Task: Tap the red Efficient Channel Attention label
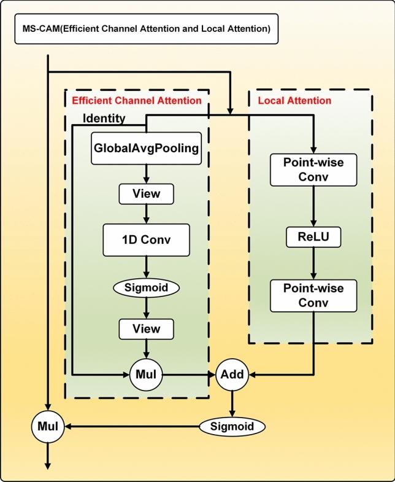coord(136,100)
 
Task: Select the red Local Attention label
coord(294,100)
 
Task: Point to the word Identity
coord(104,119)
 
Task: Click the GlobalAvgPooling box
coord(146,148)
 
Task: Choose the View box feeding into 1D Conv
coord(146,194)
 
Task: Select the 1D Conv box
coord(146,240)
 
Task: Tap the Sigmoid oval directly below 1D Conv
coord(146,287)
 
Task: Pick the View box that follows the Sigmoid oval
coord(146,329)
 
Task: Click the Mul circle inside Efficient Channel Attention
coord(146,373)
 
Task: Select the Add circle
coord(232,373)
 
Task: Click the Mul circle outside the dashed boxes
coord(48,426)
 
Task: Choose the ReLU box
coord(314,238)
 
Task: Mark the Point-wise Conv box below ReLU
coord(314,296)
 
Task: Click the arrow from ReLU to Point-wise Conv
coord(314,264)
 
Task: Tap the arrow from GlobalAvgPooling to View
coord(146,174)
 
